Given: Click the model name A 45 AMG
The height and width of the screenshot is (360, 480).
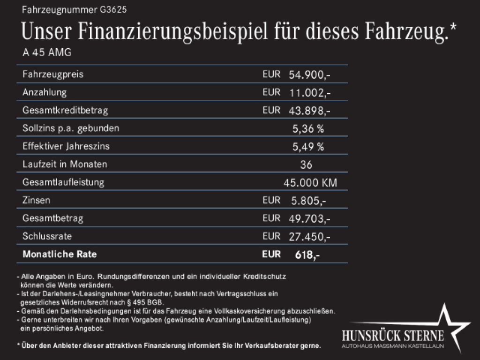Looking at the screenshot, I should point(47,53).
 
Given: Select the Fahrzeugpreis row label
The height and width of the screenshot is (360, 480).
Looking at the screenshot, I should point(53,75).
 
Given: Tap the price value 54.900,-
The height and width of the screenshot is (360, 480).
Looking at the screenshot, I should point(310,75).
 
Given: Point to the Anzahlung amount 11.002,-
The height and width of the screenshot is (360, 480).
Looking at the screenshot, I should point(310,93).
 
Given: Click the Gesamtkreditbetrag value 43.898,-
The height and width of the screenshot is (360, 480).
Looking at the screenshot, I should point(310,111).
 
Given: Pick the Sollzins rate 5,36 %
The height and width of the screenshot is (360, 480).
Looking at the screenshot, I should point(308,128).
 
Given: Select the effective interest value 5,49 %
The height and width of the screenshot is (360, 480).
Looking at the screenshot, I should point(308,147).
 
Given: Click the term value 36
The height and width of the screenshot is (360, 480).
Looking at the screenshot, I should point(306,165).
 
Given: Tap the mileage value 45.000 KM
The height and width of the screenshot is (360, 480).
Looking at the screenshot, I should point(310,183).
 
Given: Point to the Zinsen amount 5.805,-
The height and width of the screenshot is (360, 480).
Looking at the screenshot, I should point(308,201).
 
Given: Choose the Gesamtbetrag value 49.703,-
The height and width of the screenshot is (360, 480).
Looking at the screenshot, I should point(310,218).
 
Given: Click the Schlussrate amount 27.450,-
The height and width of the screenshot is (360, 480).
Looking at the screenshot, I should point(310,237).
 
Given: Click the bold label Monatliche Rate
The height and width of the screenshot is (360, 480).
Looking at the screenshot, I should point(60,255).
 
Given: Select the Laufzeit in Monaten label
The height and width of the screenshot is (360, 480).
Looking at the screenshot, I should point(65,165).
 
